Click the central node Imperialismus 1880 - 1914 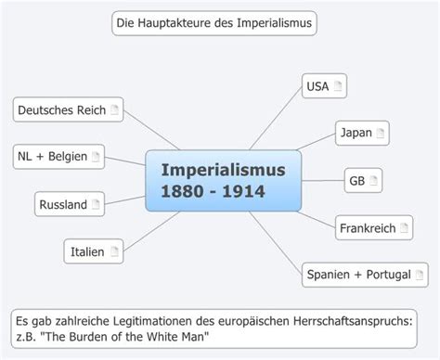pyautogui.click(x=223, y=180)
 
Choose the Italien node pyautogui.click(x=94, y=251)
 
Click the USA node pyautogui.click(x=324, y=87)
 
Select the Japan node pyautogui.click(x=361, y=133)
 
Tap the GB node pyautogui.click(x=363, y=180)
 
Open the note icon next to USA pyautogui.click(x=339, y=87)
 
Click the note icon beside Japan pyautogui.click(x=380, y=133)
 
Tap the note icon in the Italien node pyautogui.click(x=114, y=251)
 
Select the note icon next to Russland pyautogui.click(x=97, y=204)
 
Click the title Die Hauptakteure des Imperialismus pyautogui.click(x=214, y=22)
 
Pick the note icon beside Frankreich pyautogui.click(x=405, y=227)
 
